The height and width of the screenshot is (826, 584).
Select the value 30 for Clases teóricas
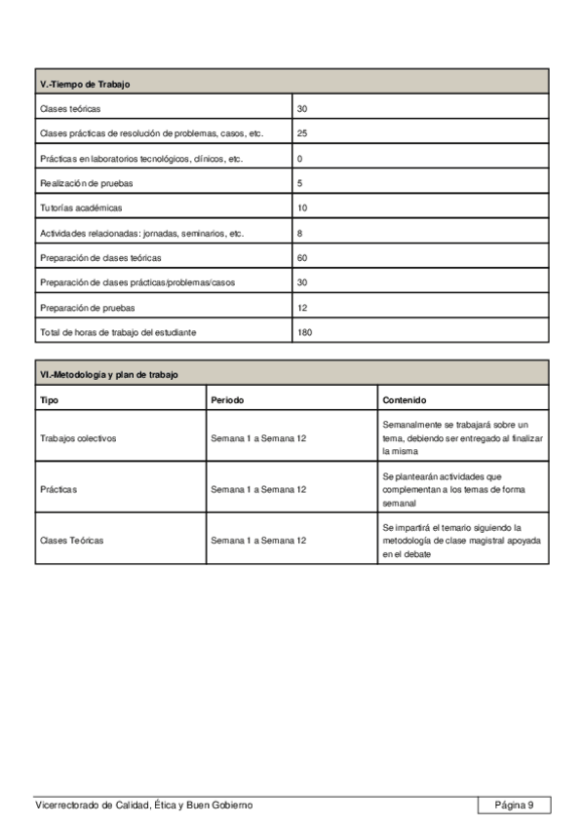tap(302, 108)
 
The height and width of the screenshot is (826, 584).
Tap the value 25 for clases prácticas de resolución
tap(302, 133)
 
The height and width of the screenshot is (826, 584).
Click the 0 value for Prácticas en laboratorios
tap(300, 158)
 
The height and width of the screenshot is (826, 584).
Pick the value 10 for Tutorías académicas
tap(302, 207)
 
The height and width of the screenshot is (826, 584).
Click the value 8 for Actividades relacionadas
tap(300, 233)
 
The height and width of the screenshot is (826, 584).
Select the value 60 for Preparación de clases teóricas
tap(302, 258)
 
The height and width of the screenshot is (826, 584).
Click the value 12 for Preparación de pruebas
tap(302, 308)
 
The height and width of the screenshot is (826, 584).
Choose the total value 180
tap(304, 332)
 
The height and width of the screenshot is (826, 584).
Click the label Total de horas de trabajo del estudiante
tap(118, 332)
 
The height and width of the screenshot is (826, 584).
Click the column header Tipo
tap(48, 399)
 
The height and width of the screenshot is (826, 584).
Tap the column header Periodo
tap(227, 399)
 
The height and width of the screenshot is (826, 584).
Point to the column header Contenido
tap(404, 399)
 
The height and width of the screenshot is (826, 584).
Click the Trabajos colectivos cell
tap(77, 438)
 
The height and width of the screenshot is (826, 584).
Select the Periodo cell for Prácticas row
tap(257, 489)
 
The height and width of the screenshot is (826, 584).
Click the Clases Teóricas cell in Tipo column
tap(71, 540)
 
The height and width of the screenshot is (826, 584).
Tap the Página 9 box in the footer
tap(514, 805)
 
